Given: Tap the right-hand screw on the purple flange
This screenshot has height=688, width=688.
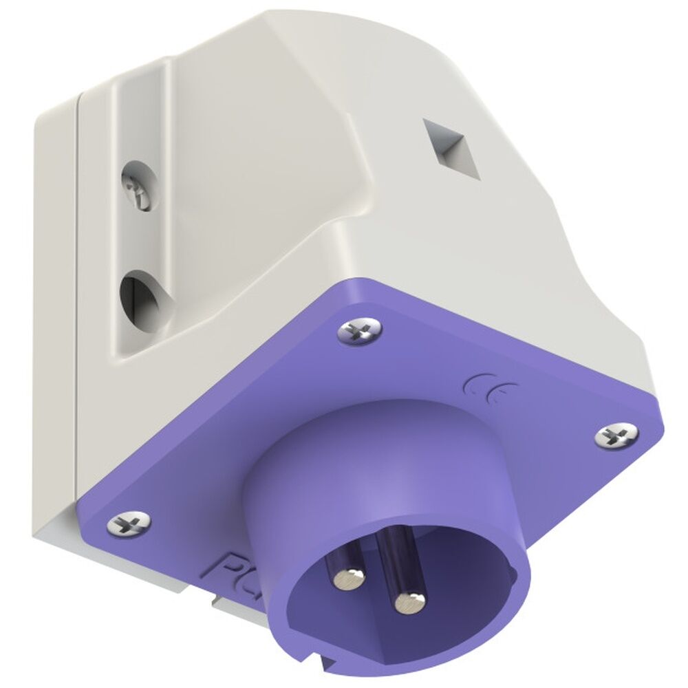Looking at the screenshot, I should [x=612, y=436].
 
